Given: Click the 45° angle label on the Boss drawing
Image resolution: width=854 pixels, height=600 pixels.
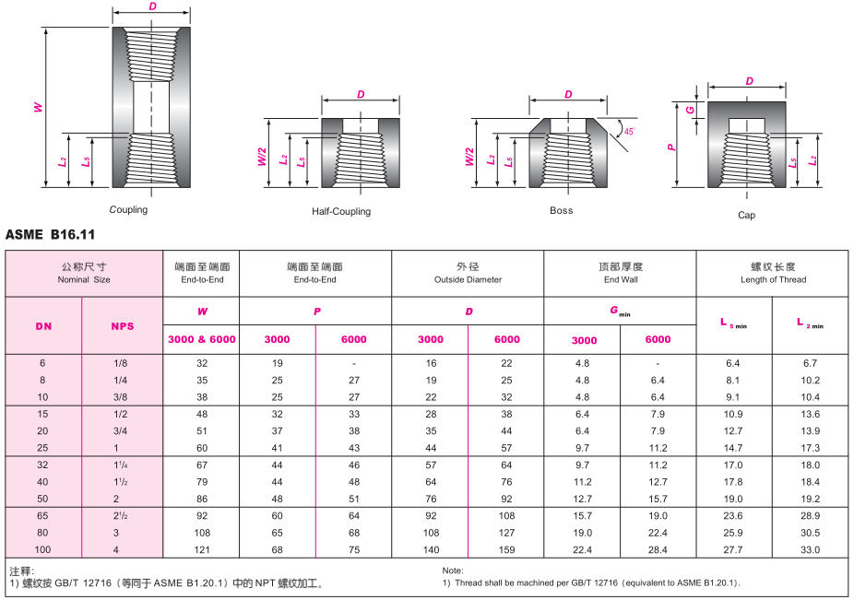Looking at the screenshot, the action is click(x=630, y=131).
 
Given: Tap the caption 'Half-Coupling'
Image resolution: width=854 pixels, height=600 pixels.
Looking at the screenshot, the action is click(x=341, y=211).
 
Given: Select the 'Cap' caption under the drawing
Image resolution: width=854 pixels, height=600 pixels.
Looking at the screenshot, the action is click(x=746, y=215).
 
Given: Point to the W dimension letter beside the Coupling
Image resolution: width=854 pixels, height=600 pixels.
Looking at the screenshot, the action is click(x=38, y=107).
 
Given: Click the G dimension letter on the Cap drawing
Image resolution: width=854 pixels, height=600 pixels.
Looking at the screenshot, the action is click(x=690, y=110).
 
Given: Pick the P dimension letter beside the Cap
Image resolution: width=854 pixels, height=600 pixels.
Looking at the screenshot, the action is click(x=671, y=147).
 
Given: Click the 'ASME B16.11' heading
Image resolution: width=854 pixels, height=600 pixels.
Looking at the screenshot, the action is click(x=50, y=235).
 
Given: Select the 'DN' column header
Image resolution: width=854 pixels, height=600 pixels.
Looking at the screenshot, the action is click(x=43, y=326).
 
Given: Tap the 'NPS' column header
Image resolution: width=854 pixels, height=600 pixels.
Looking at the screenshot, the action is click(x=123, y=326).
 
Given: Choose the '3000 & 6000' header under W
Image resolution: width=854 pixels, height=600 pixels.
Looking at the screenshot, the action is click(x=202, y=339).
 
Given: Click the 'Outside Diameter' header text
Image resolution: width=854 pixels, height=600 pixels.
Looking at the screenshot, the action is click(x=468, y=280).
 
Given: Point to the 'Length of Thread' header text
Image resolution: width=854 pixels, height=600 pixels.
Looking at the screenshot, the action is click(x=774, y=280).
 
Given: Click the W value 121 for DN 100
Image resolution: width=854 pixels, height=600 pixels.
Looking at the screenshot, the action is click(x=202, y=550).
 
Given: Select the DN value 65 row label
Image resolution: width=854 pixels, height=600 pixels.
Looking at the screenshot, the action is click(x=42, y=515).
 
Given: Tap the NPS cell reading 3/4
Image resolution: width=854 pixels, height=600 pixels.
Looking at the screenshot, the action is click(x=121, y=431).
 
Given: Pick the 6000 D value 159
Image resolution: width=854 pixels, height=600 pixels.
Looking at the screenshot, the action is click(x=506, y=550).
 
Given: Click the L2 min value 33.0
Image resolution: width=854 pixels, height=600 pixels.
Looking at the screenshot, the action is click(x=811, y=550).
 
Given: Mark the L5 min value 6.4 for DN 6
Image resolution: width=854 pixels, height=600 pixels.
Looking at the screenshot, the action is click(x=733, y=363).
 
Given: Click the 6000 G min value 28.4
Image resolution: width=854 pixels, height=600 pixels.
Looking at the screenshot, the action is click(x=658, y=550).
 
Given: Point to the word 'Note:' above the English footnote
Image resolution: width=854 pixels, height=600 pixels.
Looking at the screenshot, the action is click(x=453, y=571).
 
